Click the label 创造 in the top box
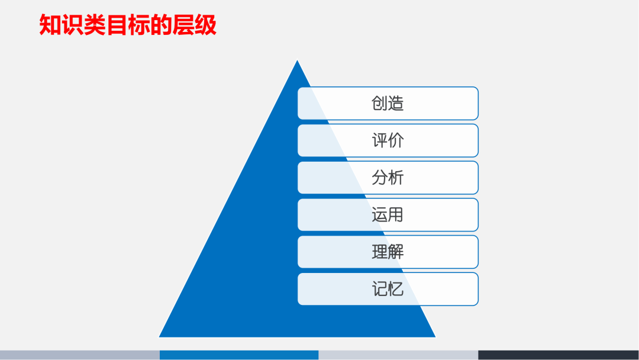point(388,104)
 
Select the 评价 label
point(388,141)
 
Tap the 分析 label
point(388,178)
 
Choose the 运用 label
point(388,214)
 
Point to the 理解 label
point(388,252)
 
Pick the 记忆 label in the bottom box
point(388,289)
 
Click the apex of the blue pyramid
point(297,62)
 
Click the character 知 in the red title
point(50,25)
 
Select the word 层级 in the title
point(195,25)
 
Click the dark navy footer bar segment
point(558,355)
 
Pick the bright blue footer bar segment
point(239,355)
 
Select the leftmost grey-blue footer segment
point(79,355)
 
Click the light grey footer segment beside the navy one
point(398,355)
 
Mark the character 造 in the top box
point(396,104)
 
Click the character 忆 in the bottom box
point(396,289)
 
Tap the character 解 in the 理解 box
point(396,252)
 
